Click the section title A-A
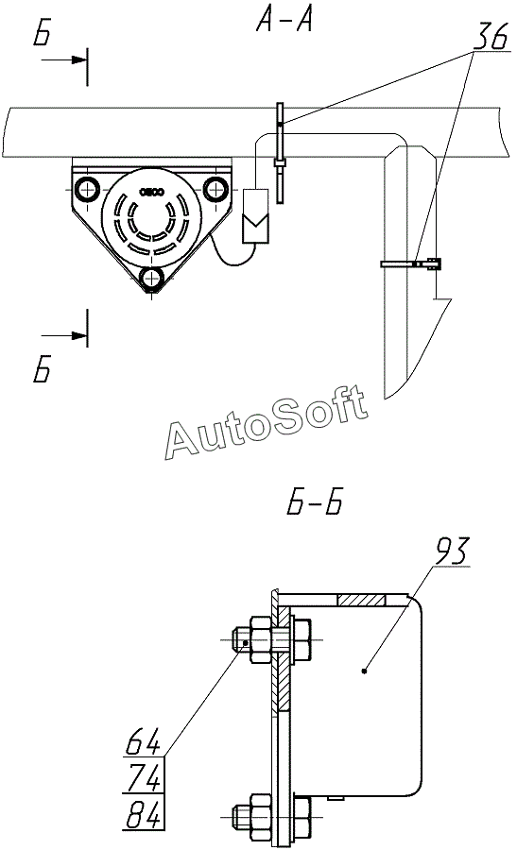click(284, 21)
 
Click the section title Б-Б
click(315, 502)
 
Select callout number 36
click(491, 36)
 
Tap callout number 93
click(451, 551)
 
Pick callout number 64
click(143, 741)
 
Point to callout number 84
click(143, 815)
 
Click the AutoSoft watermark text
click(267, 422)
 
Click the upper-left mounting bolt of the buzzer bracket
click(87, 189)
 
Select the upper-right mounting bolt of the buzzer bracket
click(216, 189)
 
